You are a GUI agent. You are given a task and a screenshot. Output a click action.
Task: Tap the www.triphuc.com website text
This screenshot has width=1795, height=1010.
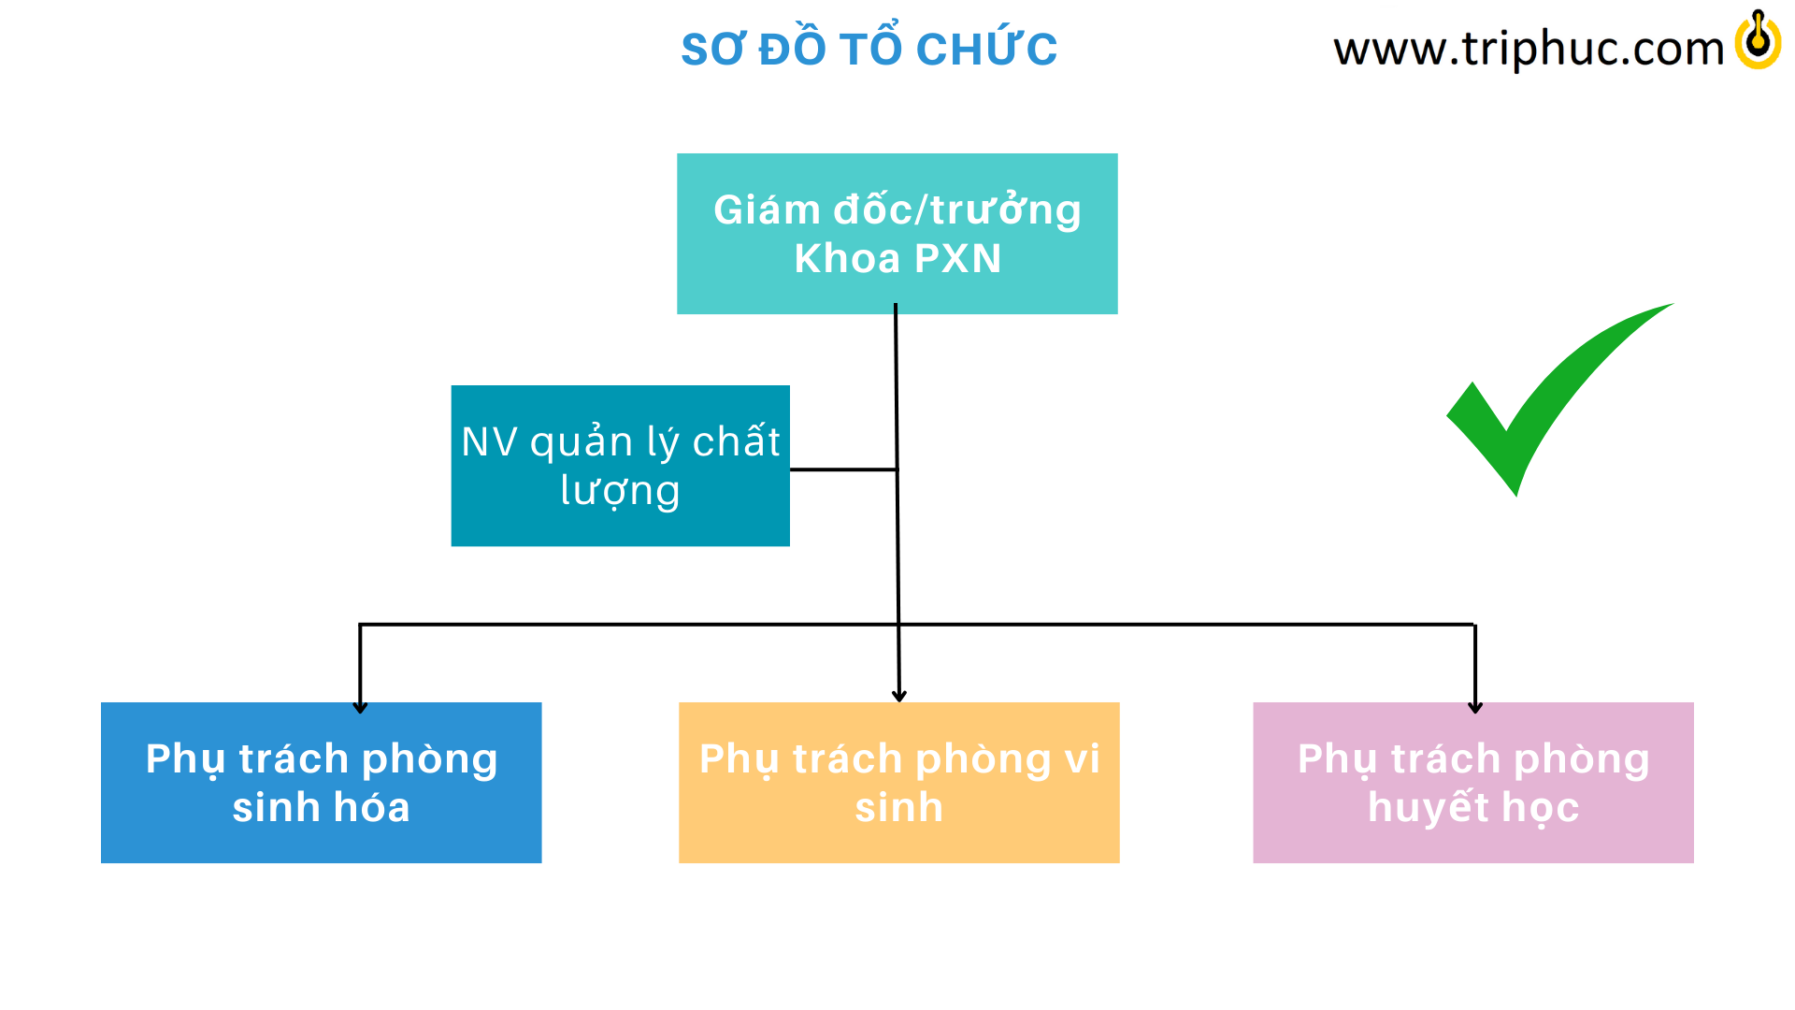tap(1529, 49)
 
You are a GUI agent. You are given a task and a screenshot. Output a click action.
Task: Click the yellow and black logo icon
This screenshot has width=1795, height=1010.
tap(1758, 40)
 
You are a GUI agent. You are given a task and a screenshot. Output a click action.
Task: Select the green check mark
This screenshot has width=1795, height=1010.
tap(1559, 399)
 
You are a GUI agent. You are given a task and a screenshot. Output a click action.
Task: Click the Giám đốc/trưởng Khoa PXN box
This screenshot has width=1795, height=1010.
tap(897, 234)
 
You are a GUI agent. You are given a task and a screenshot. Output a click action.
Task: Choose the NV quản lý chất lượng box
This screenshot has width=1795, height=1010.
tap(621, 466)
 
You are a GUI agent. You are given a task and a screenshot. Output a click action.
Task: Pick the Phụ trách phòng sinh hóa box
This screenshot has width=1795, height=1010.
tap(322, 783)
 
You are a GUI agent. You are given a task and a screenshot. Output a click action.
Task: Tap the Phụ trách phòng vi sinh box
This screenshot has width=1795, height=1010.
tap(899, 783)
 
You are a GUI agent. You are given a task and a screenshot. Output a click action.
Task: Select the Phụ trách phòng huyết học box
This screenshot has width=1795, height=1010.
tap(1473, 783)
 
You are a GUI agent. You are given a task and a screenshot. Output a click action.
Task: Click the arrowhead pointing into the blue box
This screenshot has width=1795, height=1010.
tap(360, 708)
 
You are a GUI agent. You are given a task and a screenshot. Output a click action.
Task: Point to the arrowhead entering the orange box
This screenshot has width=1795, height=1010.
tap(899, 696)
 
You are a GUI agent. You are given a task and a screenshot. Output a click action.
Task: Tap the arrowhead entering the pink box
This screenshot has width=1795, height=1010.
tap(1475, 708)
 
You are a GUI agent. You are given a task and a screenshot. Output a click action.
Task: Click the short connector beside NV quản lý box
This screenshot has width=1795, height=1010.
tap(843, 469)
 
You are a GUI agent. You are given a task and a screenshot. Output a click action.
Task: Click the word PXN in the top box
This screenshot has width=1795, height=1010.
tap(957, 259)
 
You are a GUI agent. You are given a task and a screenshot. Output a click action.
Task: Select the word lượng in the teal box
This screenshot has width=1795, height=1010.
tap(620, 491)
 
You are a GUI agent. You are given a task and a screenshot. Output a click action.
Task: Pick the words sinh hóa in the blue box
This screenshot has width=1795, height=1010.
tap(322, 807)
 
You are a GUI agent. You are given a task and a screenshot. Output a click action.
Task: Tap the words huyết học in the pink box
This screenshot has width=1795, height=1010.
tap(1473, 807)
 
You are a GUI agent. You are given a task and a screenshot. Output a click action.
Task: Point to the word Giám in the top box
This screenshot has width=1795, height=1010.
tap(768, 209)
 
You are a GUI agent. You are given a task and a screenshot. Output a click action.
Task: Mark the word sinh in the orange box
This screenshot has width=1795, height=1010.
tap(899, 807)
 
